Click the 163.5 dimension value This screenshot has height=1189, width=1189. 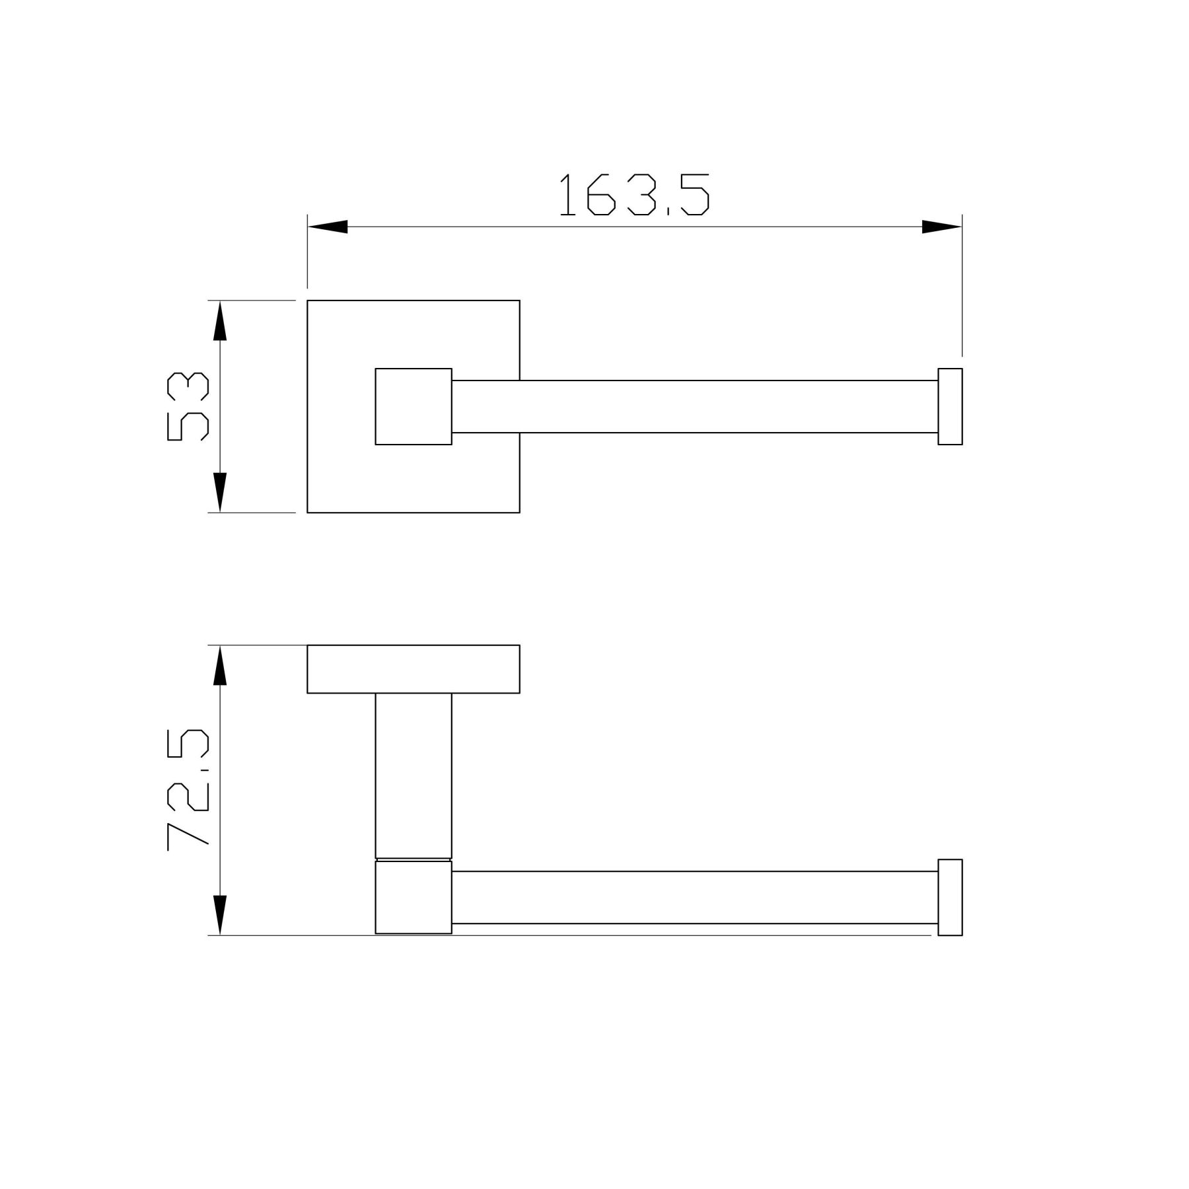pos(634,195)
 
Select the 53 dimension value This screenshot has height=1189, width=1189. pos(188,406)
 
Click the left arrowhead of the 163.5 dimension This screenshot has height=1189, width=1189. pos(328,227)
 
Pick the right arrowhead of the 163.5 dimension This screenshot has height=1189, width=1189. pos(942,227)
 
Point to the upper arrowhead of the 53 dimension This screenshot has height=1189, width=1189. pos(220,320)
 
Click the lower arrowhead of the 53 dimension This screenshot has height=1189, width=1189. pos(220,492)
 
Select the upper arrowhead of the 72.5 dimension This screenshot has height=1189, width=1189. pos(220,665)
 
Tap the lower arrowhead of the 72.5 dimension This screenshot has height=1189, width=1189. pos(220,915)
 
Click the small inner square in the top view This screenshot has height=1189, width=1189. pos(414,406)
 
